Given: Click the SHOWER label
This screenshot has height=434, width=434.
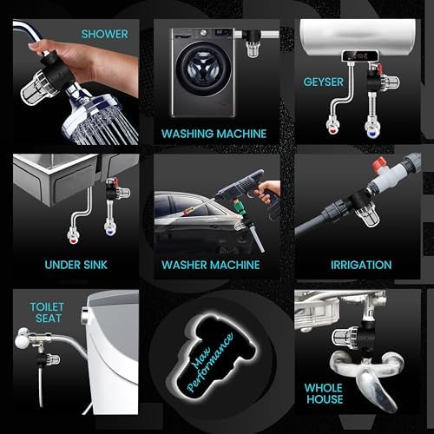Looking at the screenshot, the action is click(x=105, y=34).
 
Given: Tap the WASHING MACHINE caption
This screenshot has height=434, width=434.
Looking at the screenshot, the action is click(x=214, y=134).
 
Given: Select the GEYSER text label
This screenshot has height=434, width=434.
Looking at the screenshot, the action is click(x=324, y=82).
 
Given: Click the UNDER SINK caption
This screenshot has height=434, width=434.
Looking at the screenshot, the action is click(x=76, y=265).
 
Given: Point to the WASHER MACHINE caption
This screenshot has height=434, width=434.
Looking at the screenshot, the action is click(x=211, y=265).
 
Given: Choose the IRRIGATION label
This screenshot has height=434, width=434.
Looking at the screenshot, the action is click(x=361, y=265).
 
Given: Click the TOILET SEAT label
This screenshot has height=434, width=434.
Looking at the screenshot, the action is click(x=47, y=312).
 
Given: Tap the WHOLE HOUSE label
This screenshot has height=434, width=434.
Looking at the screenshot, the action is click(x=324, y=393).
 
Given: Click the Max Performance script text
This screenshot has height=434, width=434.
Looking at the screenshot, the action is click(x=210, y=362).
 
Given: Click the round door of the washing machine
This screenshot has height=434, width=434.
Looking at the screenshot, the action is click(x=204, y=69).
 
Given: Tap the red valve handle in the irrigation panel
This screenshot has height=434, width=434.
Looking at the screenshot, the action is click(x=379, y=164).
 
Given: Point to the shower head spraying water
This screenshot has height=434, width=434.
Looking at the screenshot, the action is click(x=102, y=119).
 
